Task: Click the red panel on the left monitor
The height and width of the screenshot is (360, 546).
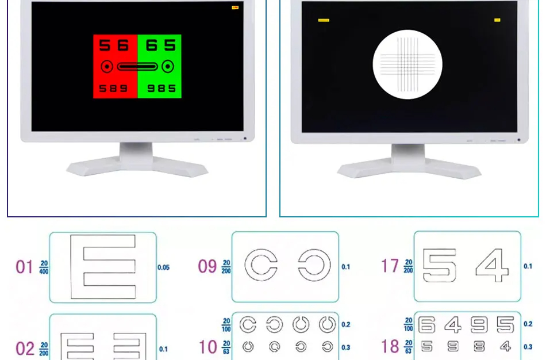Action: pos(115,66)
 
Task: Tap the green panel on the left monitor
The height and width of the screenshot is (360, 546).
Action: pos(159,66)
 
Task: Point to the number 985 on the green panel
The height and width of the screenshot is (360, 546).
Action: pos(159,89)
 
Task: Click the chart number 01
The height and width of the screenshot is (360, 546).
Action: pos(24,267)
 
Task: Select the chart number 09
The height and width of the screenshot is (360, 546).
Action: pos(207,267)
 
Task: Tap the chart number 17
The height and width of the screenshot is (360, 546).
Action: pos(390,266)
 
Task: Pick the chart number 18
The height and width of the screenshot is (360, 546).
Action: pos(390,347)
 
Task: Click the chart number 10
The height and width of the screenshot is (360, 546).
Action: pos(207,347)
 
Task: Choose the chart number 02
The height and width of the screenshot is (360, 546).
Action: pos(25,349)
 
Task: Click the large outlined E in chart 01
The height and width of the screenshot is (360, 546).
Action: pos(103,267)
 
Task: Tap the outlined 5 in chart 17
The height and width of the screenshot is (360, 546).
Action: pos(440,266)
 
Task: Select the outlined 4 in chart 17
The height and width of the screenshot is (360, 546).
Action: pos(492,266)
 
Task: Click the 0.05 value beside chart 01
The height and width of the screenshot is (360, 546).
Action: pos(164,267)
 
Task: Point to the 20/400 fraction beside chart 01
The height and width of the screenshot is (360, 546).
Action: pos(44,267)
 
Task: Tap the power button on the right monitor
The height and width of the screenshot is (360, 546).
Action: pos(519,140)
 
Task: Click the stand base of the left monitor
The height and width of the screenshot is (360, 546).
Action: pos(137,167)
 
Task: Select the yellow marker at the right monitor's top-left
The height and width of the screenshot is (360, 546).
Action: pos(324,20)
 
